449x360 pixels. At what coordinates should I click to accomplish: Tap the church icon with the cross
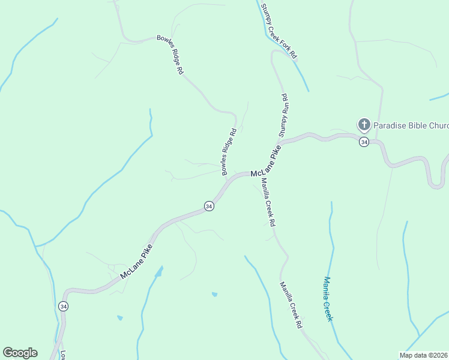(x=364, y=125)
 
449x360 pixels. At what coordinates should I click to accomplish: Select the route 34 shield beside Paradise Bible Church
(x=364, y=142)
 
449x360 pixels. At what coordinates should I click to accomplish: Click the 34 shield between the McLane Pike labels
(x=208, y=206)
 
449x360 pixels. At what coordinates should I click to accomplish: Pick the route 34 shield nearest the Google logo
(x=64, y=306)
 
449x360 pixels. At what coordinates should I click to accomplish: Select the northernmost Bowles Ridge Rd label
(x=170, y=54)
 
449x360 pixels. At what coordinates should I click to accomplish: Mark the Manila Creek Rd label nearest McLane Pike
(x=268, y=203)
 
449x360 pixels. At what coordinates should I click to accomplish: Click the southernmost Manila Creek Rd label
(x=291, y=305)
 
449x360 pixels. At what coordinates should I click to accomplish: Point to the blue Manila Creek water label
(x=328, y=298)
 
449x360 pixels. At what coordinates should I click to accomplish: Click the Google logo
(x=20, y=353)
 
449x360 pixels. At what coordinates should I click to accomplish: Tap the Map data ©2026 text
(x=424, y=355)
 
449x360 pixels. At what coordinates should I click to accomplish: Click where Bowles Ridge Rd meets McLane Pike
(x=227, y=178)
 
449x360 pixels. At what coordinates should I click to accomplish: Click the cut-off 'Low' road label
(x=62, y=354)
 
